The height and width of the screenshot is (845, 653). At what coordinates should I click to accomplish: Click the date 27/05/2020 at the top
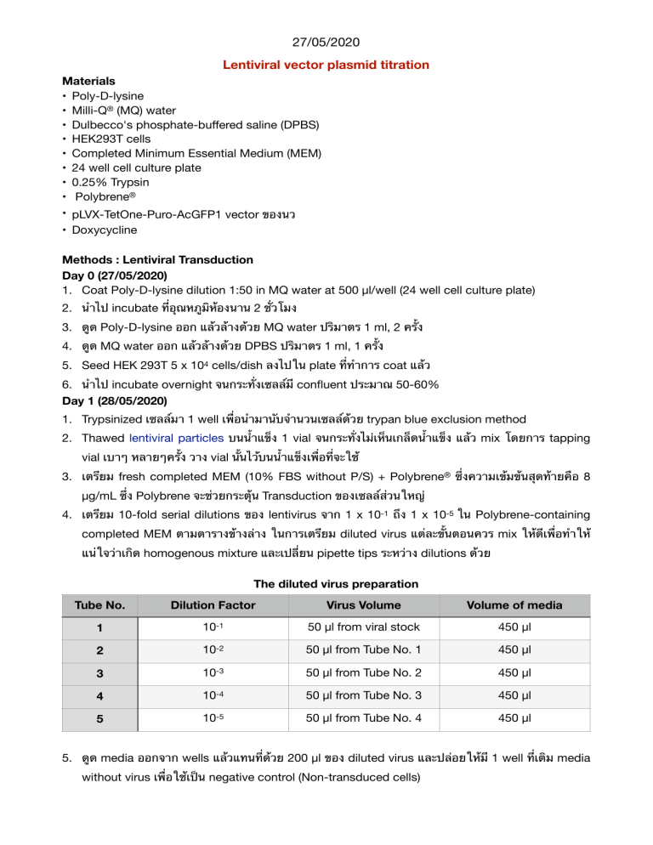coord(326,39)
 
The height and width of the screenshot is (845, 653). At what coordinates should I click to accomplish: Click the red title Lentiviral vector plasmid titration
coord(326,65)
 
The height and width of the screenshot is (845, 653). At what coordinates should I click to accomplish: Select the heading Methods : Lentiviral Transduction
coord(157,259)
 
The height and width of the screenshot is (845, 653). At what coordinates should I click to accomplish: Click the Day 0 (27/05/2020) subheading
coord(116,275)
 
